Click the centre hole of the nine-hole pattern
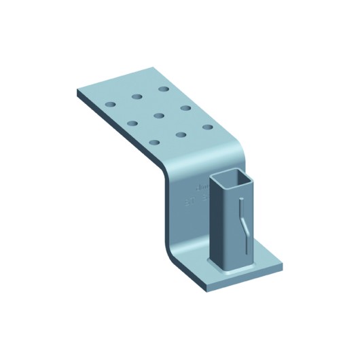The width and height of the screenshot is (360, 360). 159,115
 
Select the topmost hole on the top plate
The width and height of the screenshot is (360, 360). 164,88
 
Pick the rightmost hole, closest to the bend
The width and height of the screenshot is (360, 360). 206,126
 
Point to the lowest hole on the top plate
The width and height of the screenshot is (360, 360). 155,142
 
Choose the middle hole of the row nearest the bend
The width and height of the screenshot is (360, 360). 181,134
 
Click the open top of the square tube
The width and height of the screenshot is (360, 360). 231,181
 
